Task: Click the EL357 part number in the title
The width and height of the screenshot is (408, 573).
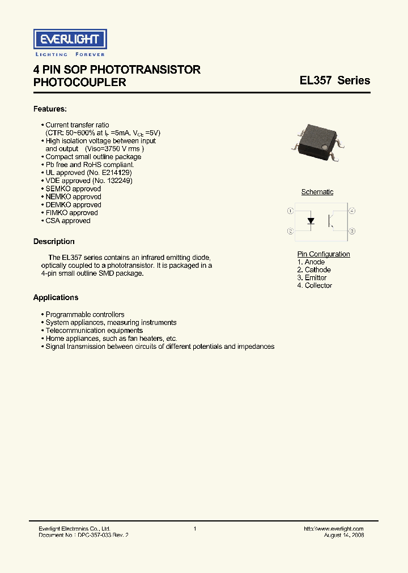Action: pos(316,80)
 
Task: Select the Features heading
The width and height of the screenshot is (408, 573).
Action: pos(50,108)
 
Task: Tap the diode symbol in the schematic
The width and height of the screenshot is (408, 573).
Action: pos(311,221)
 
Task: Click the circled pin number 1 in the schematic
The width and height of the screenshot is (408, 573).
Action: pos(290,211)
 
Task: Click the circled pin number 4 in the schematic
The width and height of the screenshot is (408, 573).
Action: pos(352,211)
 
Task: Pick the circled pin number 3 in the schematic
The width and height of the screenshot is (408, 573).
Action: pos(352,231)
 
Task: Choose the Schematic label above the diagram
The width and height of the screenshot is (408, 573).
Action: pos(317,192)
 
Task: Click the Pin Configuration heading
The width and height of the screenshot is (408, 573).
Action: pos(324,254)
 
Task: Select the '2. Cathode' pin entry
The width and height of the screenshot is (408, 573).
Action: pos(314,270)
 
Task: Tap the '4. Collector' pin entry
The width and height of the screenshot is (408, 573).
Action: pos(314,286)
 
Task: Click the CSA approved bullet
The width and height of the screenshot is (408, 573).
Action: pos(68,221)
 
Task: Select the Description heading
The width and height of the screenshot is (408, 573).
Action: pos(54,242)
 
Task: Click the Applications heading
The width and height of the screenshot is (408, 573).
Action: pos(56,298)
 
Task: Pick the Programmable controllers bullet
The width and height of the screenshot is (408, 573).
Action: pos(85,315)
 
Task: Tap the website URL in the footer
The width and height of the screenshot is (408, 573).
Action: pos(334,528)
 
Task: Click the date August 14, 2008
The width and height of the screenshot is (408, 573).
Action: pos(344,535)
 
